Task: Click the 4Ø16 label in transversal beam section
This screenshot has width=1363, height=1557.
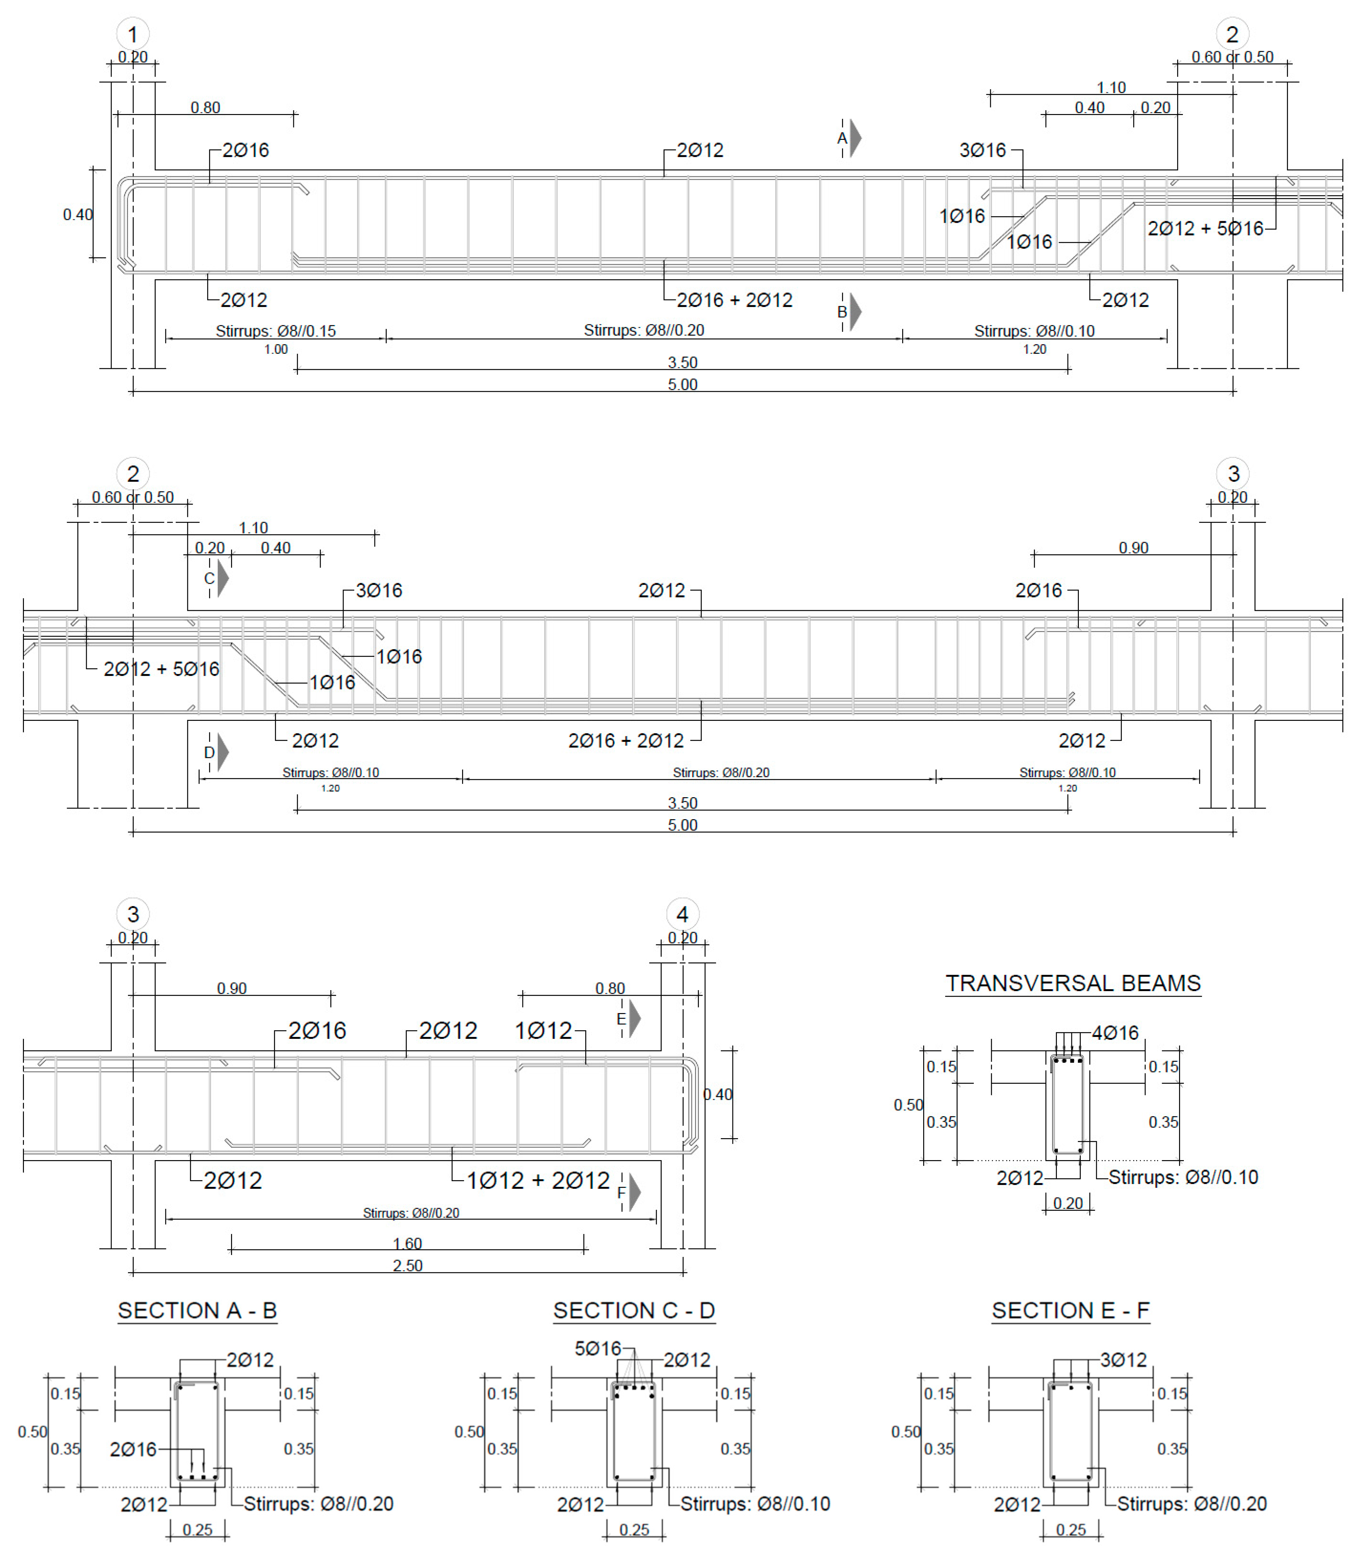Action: coord(1115,1033)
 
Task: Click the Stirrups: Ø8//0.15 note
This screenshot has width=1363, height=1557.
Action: coord(275,331)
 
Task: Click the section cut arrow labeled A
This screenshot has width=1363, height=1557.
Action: coord(855,138)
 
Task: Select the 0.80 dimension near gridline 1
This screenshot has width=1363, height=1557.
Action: coord(205,107)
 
